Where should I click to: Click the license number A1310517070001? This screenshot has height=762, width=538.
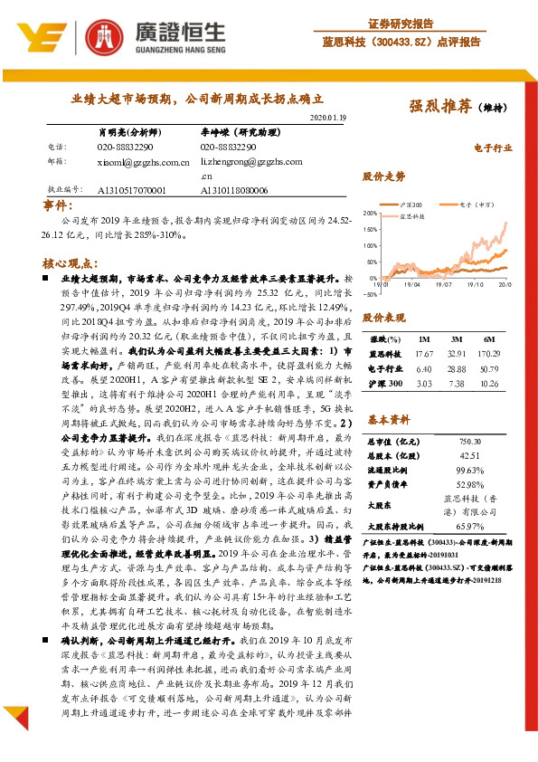coord(131,191)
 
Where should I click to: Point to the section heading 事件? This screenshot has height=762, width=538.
coord(61,207)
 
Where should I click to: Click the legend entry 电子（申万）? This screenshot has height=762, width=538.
coord(469,205)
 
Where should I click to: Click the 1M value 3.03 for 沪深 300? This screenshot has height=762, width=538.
coord(425,384)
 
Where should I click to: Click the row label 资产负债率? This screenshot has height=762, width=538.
coord(389,485)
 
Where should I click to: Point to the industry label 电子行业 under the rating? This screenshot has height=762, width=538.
coord(493,146)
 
